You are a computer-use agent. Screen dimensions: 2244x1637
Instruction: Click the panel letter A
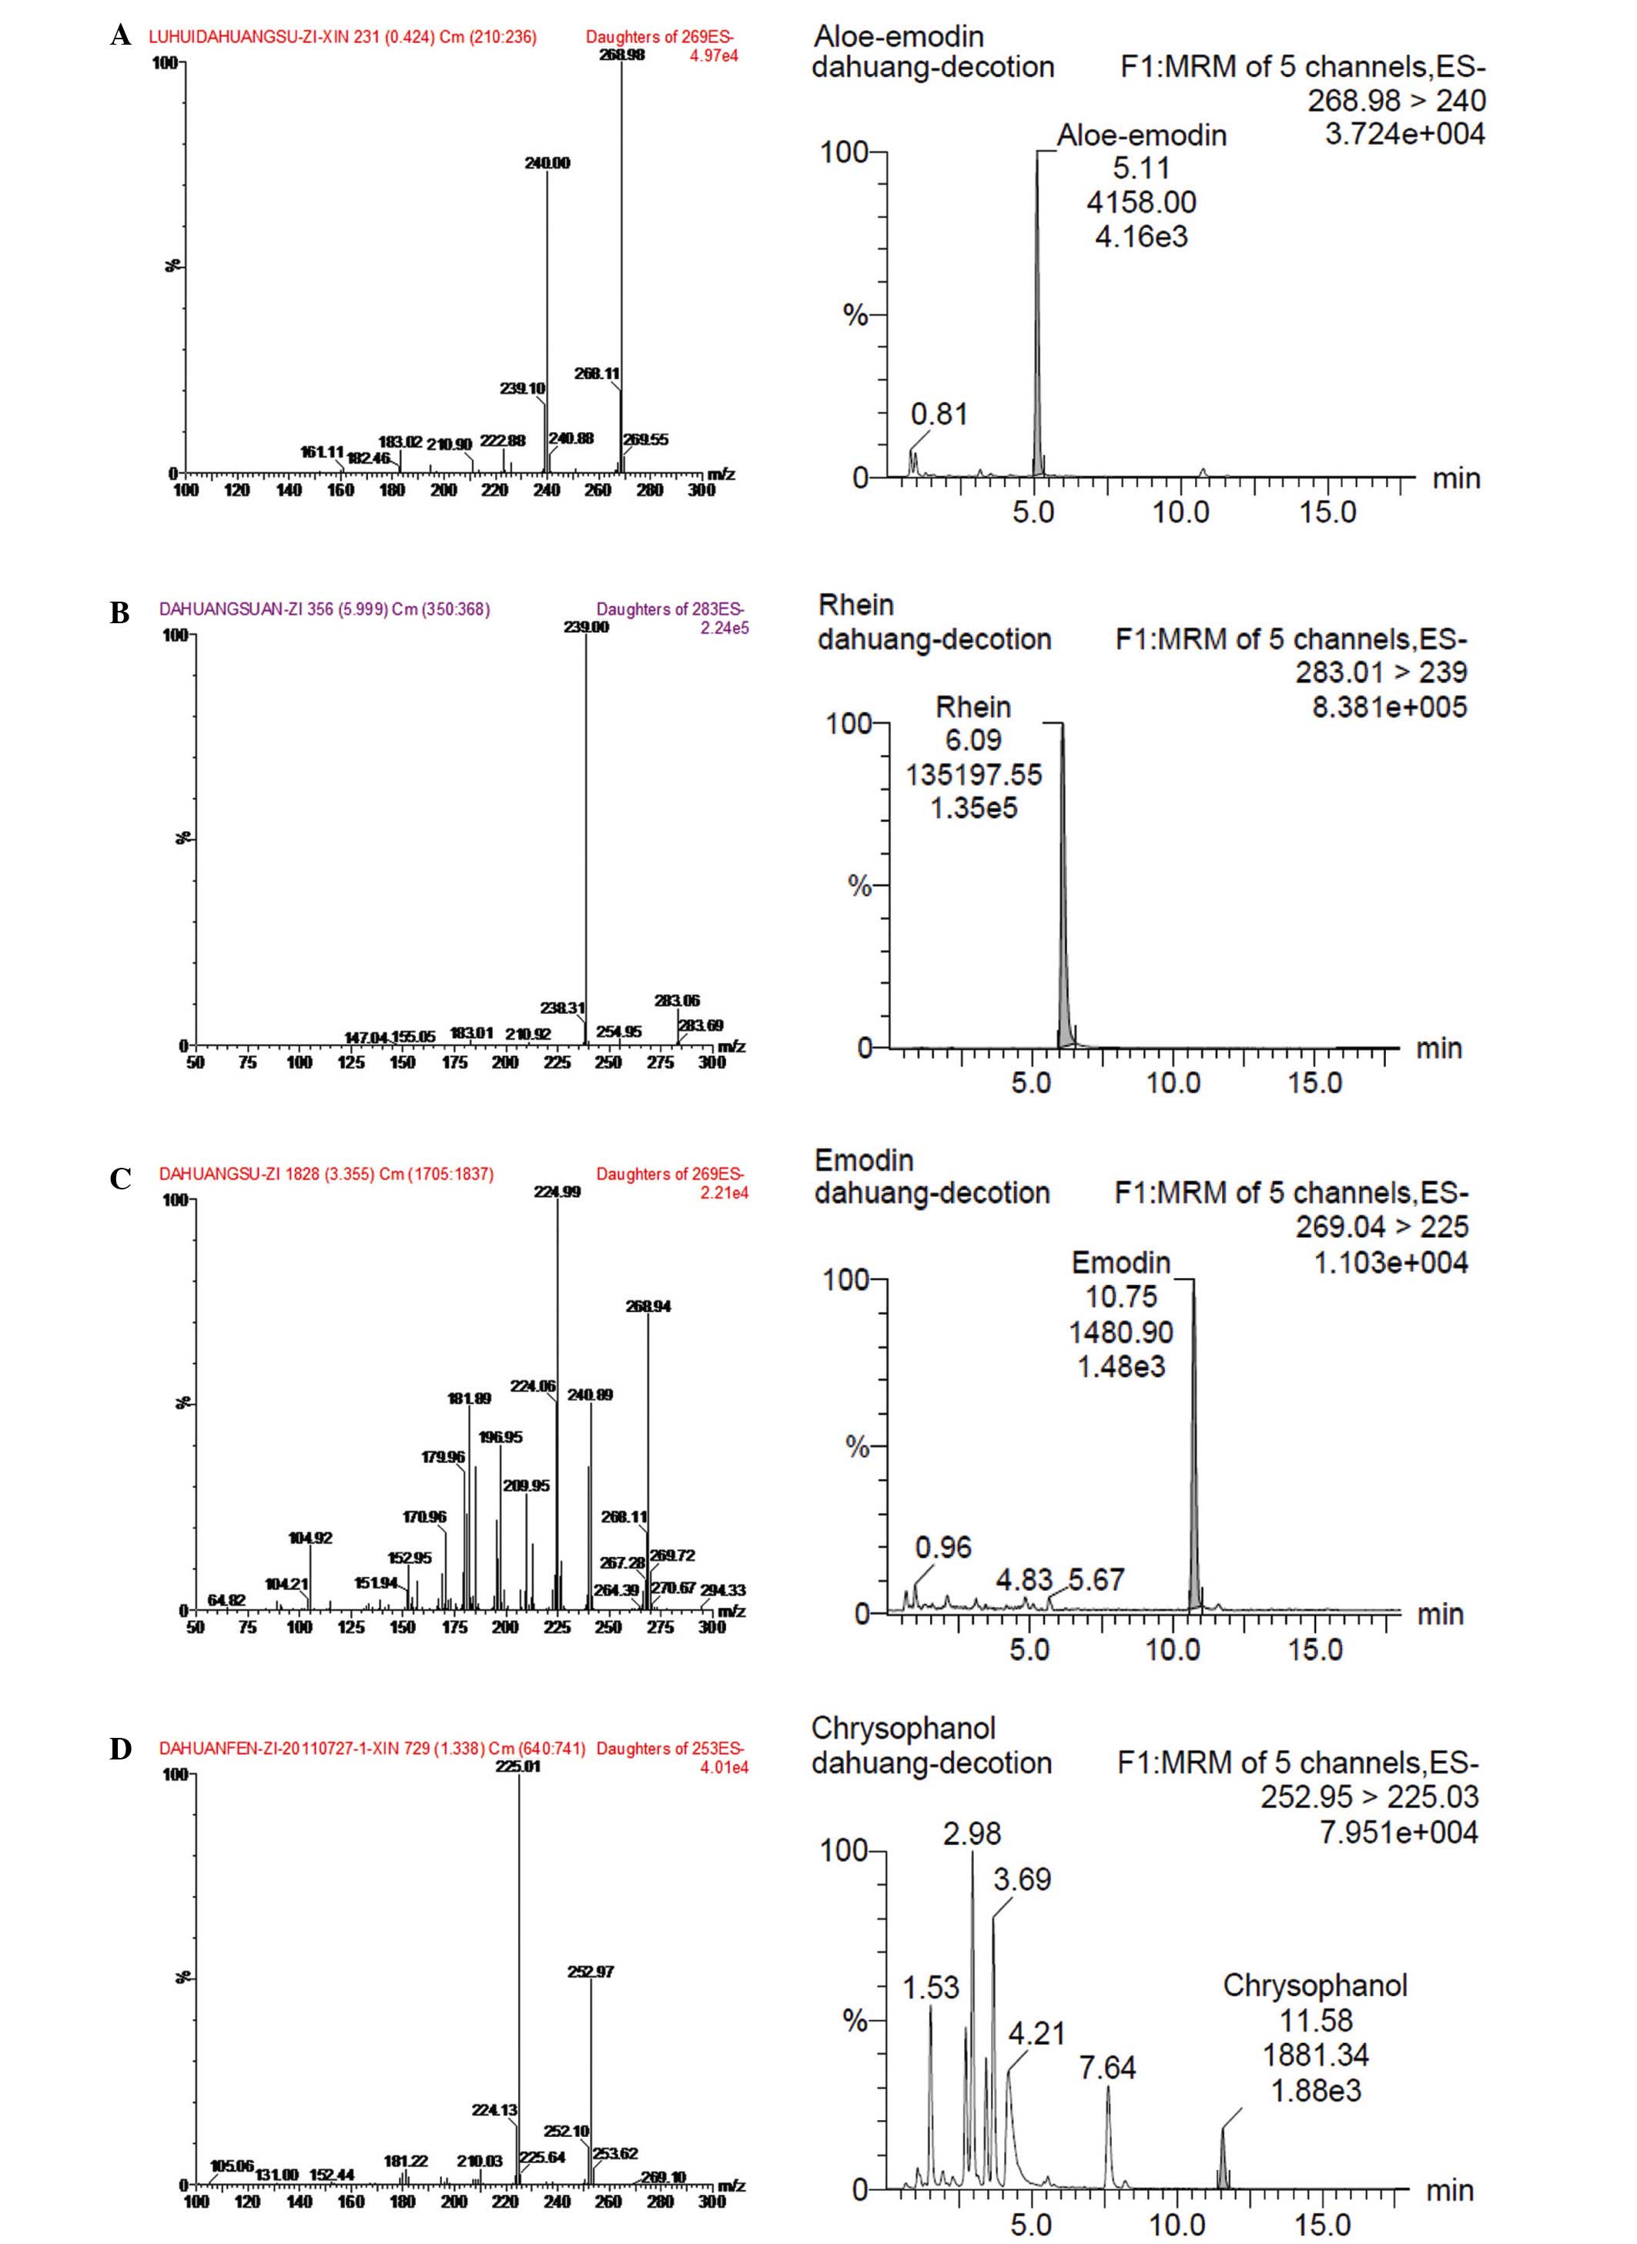(x=120, y=37)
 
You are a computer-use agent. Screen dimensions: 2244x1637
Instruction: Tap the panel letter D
(x=120, y=1749)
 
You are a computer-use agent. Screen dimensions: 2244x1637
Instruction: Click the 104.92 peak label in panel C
(x=310, y=1538)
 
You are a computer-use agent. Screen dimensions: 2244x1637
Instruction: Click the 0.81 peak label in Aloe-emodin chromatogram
(x=939, y=414)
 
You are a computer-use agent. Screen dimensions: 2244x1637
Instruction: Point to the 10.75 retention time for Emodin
(x=1121, y=1296)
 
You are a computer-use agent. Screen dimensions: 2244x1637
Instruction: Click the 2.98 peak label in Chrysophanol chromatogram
(x=972, y=1833)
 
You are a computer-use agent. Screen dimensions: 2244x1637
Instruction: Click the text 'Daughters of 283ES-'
(x=670, y=609)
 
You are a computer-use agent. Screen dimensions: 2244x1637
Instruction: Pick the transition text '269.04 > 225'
(x=1381, y=1227)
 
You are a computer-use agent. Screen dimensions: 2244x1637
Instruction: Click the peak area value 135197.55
(x=973, y=774)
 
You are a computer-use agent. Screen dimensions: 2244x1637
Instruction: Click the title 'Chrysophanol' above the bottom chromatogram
(x=902, y=1728)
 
